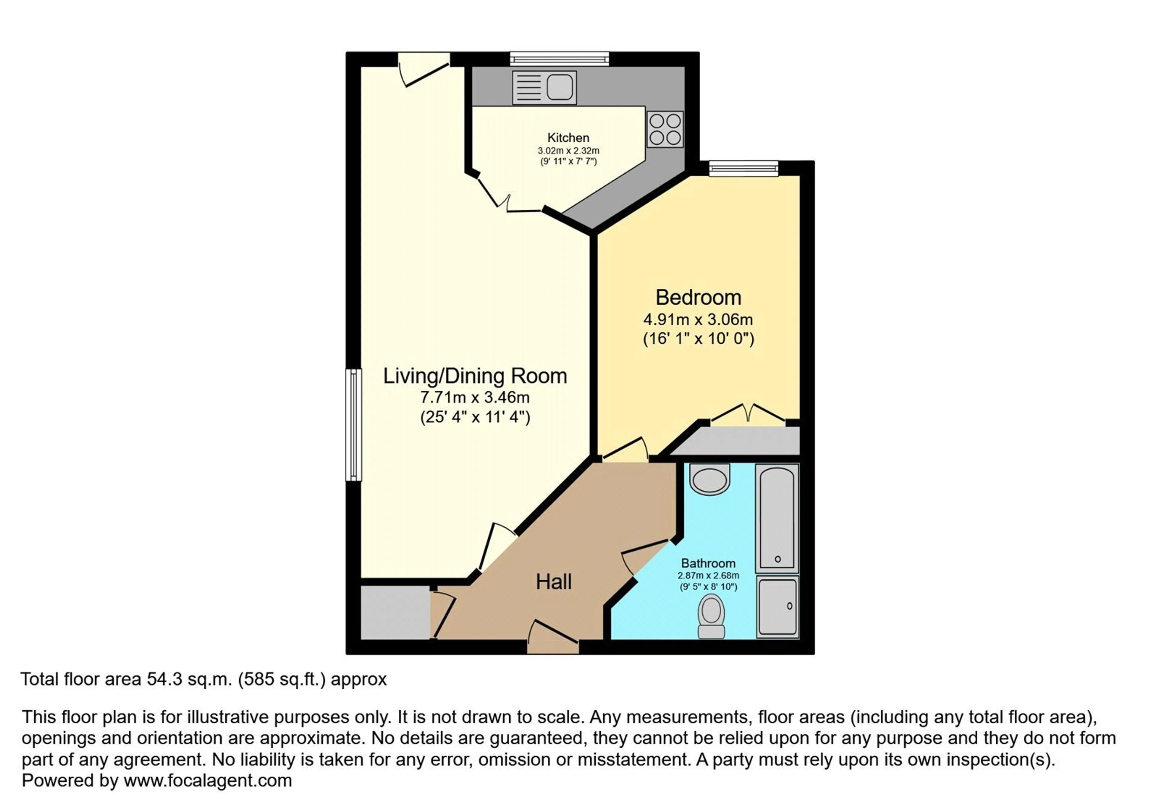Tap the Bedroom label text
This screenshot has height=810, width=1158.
point(698,298)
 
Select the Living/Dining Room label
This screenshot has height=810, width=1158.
point(475,376)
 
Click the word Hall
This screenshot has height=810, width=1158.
point(553,582)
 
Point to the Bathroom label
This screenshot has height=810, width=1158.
point(708,563)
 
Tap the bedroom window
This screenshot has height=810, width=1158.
point(743,168)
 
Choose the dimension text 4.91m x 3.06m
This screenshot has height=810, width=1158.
point(698,320)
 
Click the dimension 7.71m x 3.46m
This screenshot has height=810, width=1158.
point(475,397)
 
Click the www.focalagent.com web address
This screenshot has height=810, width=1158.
point(208,781)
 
